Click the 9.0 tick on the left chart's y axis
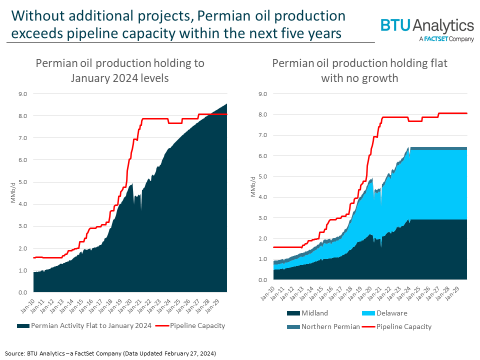(x=23, y=93)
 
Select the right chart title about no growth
(x=360, y=70)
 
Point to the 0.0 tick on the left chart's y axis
(x=23, y=292)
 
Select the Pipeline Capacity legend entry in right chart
(x=403, y=326)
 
